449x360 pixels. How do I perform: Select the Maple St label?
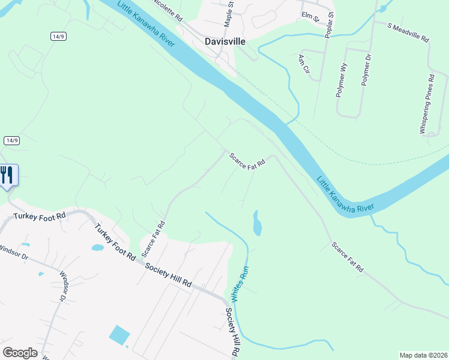(x=229, y=14)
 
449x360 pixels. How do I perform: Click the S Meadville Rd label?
(x=409, y=32)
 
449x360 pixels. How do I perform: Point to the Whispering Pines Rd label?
(x=427, y=104)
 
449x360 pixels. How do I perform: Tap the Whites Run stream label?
(x=240, y=283)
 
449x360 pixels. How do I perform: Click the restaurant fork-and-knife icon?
(x=7, y=175)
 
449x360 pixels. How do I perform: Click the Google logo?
(x=20, y=353)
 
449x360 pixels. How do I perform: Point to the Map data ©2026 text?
(x=423, y=355)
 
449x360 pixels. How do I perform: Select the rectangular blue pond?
(x=120, y=335)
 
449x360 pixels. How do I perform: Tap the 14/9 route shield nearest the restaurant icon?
(x=11, y=140)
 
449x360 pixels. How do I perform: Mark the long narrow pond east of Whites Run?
(x=258, y=223)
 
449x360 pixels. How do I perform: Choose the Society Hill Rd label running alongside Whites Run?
(x=234, y=334)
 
